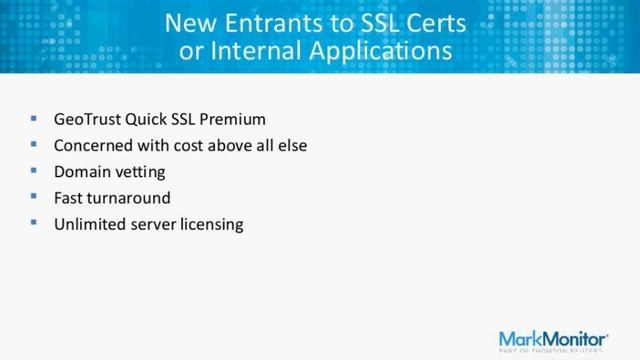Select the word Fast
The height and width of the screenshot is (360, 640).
coord(69,197)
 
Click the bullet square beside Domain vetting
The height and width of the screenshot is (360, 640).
coord(34,171)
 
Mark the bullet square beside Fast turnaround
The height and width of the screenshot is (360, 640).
coord(34,197)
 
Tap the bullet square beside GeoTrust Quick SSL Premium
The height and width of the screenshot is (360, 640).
coord(34,119)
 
